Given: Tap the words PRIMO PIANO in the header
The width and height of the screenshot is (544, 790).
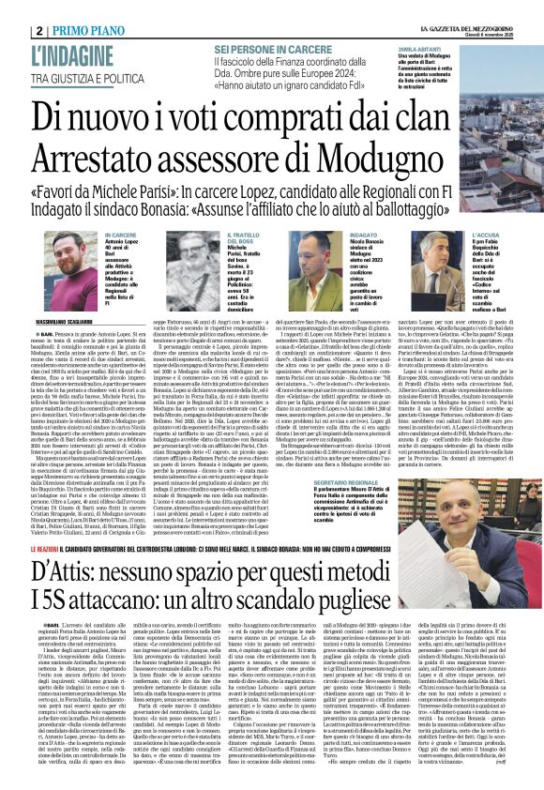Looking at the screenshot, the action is (x=55, y=8).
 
